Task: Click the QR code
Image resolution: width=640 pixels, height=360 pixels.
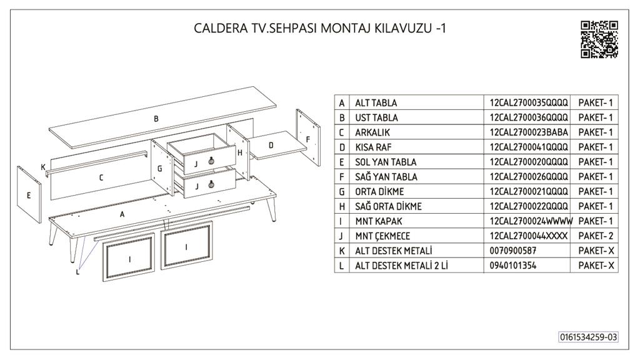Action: (599, 39)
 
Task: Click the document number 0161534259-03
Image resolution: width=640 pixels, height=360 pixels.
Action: (588, 337)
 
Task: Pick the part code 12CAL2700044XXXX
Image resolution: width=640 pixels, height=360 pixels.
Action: (529, 236)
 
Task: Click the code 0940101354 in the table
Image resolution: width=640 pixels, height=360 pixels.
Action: (513, 265)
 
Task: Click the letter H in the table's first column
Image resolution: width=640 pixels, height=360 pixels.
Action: (342, 206)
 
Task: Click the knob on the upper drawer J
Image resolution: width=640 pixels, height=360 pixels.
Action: (211, 161)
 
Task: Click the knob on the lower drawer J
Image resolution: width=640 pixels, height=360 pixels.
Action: (211, 184)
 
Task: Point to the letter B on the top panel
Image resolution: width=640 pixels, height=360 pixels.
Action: (156, 119)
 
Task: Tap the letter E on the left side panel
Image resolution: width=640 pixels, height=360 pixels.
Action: (29, 196)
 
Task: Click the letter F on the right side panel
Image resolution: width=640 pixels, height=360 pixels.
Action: (308, 139)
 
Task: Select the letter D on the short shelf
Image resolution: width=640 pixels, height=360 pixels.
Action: (271, 145)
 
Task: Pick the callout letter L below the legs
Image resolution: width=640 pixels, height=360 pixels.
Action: (77, 272)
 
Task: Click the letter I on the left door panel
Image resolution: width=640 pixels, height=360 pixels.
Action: (130, 259)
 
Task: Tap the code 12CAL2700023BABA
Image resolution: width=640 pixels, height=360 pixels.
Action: (529, 132)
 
